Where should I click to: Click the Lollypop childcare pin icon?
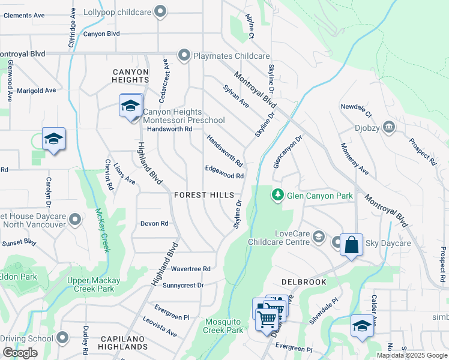(x=160, y=11)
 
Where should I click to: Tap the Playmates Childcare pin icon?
(x=184, y=56)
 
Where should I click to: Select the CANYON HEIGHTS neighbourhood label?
(x=130, y=76)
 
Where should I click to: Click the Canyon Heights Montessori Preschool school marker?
(x=130, y=107)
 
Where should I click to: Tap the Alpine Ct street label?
(x=250, y=27)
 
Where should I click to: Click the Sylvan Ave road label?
(x=236, y=96)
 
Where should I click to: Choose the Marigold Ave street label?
(x=36, y=90)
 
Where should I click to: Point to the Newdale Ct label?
(x=357, y=110)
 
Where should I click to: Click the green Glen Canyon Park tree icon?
(x=277, y=195)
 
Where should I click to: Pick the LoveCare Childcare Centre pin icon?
(x=318, y=238)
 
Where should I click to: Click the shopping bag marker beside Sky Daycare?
(x=352, y=245)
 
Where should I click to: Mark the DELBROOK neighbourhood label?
(x=304, y=281)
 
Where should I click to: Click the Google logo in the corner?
(x=20, y=353)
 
